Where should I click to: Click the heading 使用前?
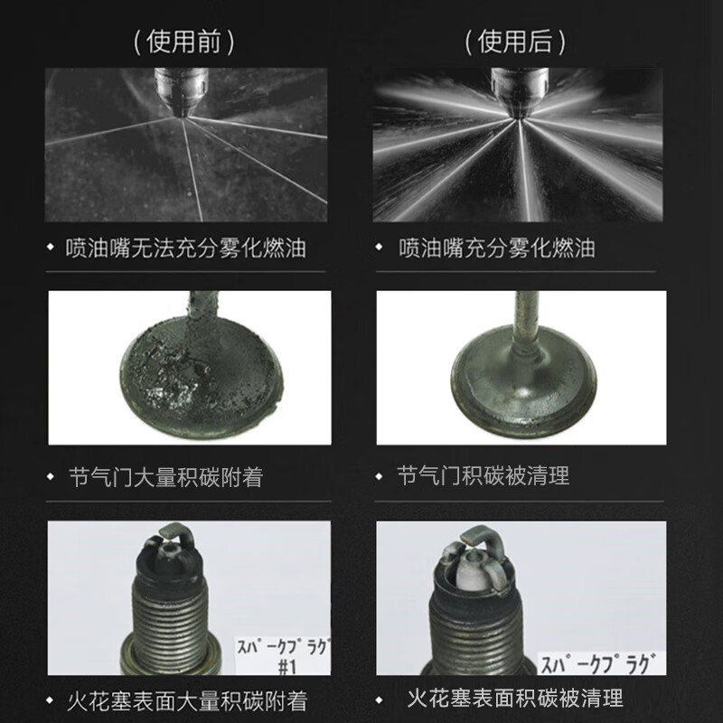[x=183, y=42]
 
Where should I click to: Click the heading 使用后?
[x=514, y=42]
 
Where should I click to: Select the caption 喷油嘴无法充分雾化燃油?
[x=185, y=248]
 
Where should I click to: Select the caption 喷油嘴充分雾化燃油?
[x=496, y=248]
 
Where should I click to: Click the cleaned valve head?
[x=524, y=382]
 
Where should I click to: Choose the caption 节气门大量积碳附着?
[x=165, y=477]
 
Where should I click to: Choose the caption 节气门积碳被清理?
[x=484, y=475]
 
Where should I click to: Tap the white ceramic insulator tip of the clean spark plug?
[x=473, y=571]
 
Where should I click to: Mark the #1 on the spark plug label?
[x=286, y=667]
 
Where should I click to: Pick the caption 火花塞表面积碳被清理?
[x=515, y=698]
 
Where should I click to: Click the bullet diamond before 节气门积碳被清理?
[x=379, y=476]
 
